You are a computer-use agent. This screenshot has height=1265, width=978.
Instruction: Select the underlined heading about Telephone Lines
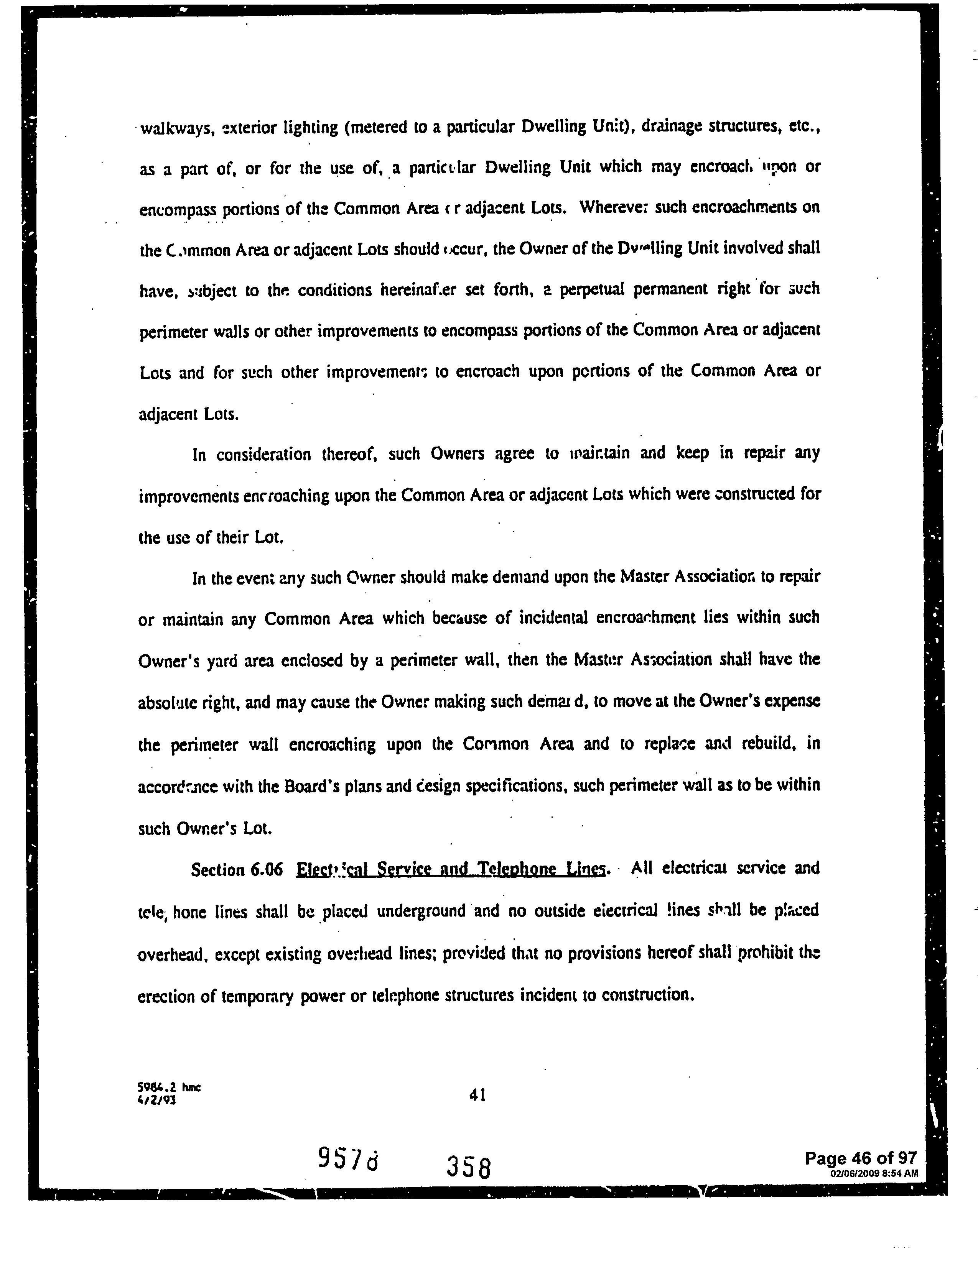tap(451, 869)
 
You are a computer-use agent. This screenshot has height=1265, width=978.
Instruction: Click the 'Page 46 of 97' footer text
tap(861, 1158)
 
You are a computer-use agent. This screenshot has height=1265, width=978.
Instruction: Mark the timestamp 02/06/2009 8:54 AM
tap(874, 1173)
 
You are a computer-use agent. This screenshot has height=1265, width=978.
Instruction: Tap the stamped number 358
tap(469, 1167)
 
